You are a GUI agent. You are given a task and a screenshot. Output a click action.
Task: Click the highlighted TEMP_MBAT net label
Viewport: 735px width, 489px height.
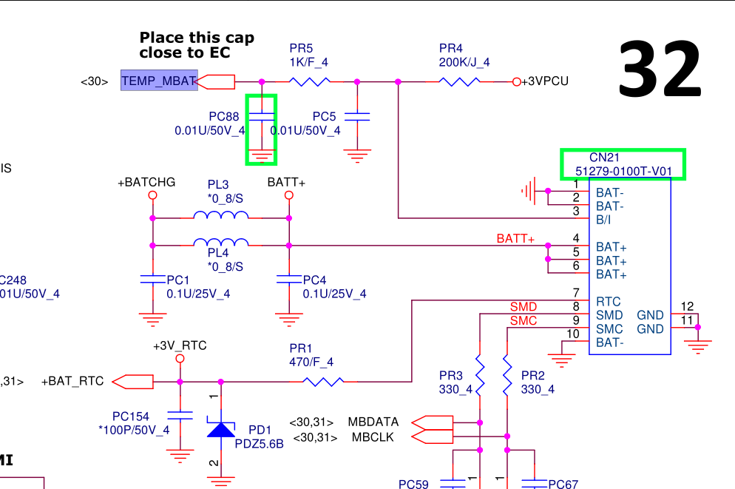coord(159,81)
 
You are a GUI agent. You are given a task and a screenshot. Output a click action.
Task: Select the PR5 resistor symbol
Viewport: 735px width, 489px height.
coord(310,81)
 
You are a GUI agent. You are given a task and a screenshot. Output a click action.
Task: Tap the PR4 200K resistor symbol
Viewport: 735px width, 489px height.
coord(461,81)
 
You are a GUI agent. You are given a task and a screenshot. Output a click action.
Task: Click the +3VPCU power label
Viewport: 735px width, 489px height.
coord(545,81)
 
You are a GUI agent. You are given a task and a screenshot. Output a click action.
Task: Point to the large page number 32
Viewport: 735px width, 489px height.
coord(659,69)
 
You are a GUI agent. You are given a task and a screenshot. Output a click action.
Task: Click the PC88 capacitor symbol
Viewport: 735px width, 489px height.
coord(261,117)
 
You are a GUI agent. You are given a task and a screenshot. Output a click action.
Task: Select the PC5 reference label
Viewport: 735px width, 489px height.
coord(324,116)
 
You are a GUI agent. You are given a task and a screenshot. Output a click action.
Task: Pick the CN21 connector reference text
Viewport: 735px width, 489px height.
coord(604,158)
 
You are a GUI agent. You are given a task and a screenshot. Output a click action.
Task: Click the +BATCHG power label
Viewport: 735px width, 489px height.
coord(146,182)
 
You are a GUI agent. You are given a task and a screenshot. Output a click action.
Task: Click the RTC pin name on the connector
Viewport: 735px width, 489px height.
coord(608,302)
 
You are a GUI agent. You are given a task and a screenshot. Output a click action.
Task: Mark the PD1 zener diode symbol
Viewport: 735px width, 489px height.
coord(220,428)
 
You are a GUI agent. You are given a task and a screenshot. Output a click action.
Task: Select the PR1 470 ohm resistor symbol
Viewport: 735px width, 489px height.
coord(323,382)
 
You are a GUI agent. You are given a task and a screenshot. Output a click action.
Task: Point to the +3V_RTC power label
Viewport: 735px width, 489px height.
coord(180,345)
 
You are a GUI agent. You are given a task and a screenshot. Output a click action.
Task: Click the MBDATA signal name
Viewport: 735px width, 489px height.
coord(373,422)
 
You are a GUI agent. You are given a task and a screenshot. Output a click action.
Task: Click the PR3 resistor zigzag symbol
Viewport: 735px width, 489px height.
coord(480,375)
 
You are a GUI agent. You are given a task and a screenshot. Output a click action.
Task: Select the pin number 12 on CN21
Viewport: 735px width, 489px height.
coord(687,306)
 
